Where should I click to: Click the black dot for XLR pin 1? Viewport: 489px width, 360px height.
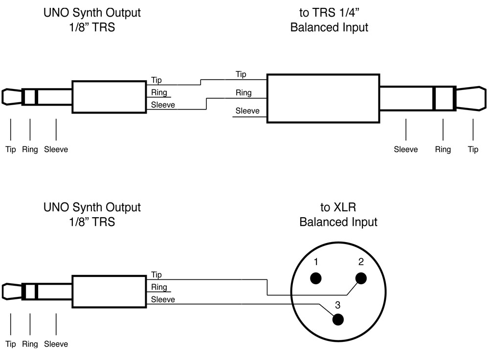316,278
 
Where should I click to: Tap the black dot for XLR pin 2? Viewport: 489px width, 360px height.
361,278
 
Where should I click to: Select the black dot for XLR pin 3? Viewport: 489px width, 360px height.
338,319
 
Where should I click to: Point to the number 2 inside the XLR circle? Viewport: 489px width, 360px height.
361,262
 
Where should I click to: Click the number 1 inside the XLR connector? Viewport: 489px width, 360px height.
316,262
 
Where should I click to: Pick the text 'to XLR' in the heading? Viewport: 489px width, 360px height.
338,207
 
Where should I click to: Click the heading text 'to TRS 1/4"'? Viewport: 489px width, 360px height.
329,12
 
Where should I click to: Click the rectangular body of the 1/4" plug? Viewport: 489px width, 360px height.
323,98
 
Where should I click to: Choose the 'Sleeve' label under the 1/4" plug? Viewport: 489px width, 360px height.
406,149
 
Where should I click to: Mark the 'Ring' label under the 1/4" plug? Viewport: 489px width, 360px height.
443,149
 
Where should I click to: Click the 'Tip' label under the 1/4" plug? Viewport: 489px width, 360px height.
473,149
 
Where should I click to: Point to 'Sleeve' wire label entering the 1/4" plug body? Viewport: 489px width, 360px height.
247,111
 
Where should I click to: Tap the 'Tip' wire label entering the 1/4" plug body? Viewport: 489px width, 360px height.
241,74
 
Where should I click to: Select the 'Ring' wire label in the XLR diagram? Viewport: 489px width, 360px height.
159,287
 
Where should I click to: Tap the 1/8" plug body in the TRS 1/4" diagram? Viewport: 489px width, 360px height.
109,97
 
